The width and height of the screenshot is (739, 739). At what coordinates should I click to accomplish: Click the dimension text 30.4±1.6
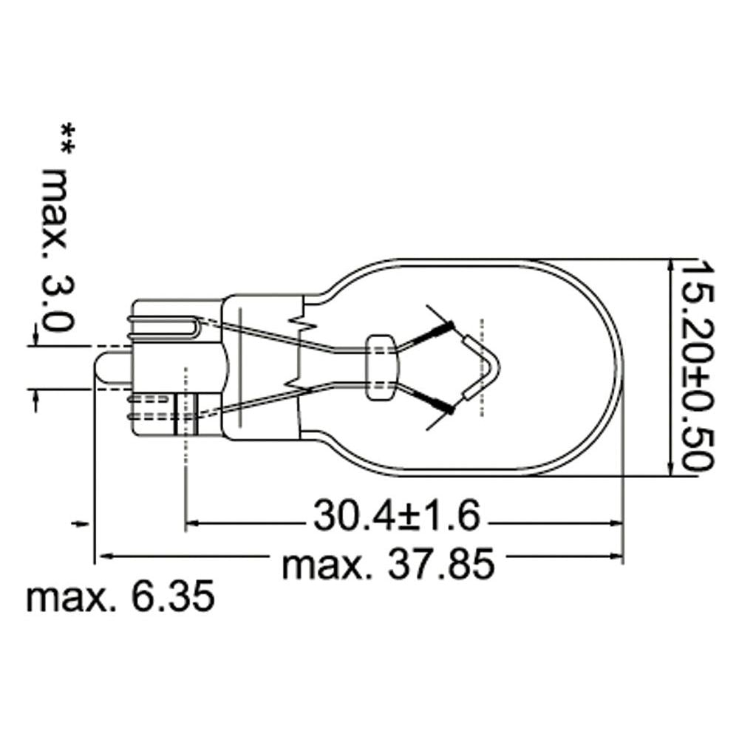pyautogui.click(x=396, y=515)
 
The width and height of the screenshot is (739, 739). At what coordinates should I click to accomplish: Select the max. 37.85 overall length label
pyautogui.click(x=389, y=564)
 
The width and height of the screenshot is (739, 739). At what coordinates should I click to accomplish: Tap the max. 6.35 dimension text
pyautogui.click(x=120, y=598)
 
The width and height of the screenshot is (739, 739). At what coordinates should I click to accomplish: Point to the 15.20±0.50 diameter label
pyautogui.click(x=698, y=364)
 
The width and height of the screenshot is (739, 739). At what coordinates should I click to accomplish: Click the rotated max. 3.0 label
pyautogui.click(x=57, y=251)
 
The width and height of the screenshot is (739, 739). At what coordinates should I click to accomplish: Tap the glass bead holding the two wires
pyautogui.click(x=382, y=367)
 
